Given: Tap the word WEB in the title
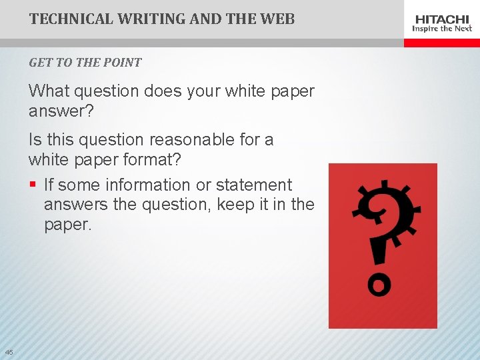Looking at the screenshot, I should coord(277,19).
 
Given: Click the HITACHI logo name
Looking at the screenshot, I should coord(442,19).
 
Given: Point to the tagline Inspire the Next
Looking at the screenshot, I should coord(442,29).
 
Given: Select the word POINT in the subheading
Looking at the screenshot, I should coord(123,63).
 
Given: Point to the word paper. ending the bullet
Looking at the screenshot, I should coord(67,225).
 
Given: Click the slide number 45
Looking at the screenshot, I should coord(8,352).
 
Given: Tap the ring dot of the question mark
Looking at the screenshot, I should coord(378,285).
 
